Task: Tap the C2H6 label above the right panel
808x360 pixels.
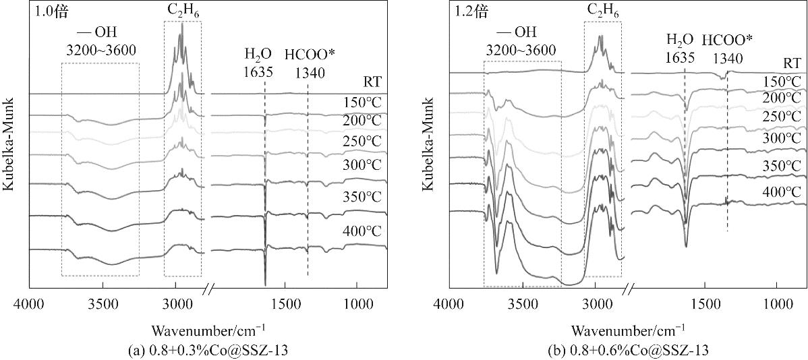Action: pyautogui.click(x=602, y=11)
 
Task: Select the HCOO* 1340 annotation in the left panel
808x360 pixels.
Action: pyautogui.click(x=308, y=61)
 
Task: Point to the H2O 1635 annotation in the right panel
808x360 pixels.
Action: pyautogui.click(x=679, y=49)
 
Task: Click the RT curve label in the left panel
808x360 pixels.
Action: pyautogui.click(x=372, y=82)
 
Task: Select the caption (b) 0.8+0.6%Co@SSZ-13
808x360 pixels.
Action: pyautogui.click(x=628, y=349)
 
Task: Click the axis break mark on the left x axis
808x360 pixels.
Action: pyautogui.click(x=208, y=290)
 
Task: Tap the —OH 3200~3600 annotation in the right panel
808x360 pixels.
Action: pyautogui.click(x=522, y=41)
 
